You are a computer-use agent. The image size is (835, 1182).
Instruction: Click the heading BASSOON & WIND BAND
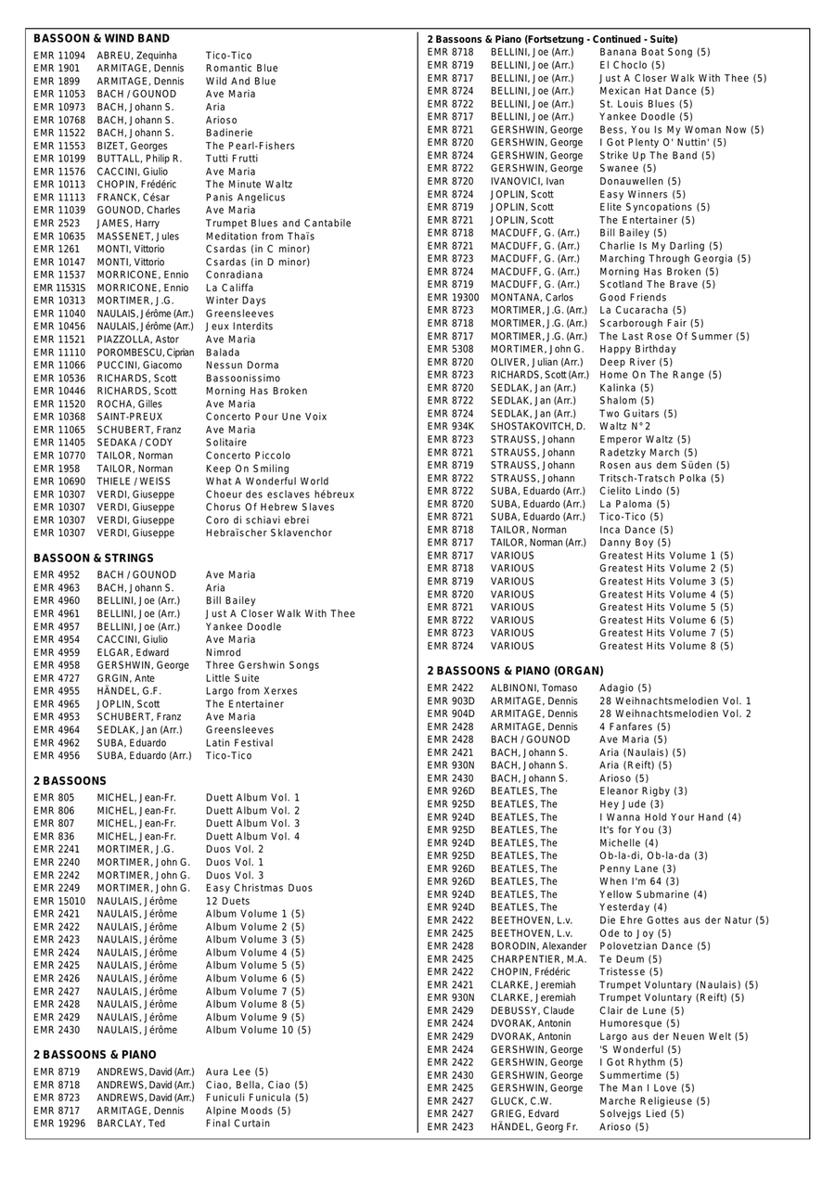coord(101,39)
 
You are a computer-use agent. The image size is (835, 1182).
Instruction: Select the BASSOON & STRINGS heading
coord(94,559)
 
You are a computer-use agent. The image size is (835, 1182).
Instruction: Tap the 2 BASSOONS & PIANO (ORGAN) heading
coord(515,671)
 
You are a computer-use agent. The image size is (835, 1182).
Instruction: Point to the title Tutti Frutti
coord(232,159)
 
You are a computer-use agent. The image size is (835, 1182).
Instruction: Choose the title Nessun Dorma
coord(242,366)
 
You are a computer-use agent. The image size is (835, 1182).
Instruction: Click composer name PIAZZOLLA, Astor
coord(138,340)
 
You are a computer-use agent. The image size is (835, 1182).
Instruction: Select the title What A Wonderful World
coord(267,482)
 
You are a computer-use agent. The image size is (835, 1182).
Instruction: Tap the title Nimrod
coord(225,653)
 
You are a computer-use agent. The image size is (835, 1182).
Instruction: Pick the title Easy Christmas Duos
coord(259,888)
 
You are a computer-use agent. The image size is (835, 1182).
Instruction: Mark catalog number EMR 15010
coord(59,901)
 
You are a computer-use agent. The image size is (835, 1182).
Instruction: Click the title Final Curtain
coord(238,1124)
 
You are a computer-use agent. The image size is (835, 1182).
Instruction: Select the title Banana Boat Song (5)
coord(655,53)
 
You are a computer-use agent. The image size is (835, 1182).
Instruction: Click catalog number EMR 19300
coord(453,298)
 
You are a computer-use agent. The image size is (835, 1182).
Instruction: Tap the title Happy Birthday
coord(638,349)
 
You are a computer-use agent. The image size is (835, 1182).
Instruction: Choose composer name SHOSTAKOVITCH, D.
coord(538,427)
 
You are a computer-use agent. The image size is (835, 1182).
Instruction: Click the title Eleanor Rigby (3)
coord(644,791)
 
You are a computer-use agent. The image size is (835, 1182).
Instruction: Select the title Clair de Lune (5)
coord(642,1010)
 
